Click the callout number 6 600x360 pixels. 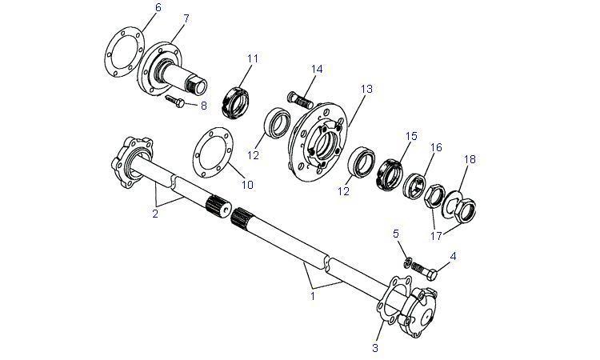pos(158,7)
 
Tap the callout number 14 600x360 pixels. pos(317,70)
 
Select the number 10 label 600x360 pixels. pos(247,185)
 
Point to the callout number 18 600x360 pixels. pos(470,158)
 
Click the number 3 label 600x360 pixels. pos(375,348)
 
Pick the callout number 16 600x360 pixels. pos(436,147)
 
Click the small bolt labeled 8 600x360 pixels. pos(176,101)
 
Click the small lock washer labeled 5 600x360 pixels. pos(408,262)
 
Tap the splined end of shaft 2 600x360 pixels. pos(218,206)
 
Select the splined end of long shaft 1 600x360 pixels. pos(242,219)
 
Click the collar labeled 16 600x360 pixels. pos(414,186)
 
